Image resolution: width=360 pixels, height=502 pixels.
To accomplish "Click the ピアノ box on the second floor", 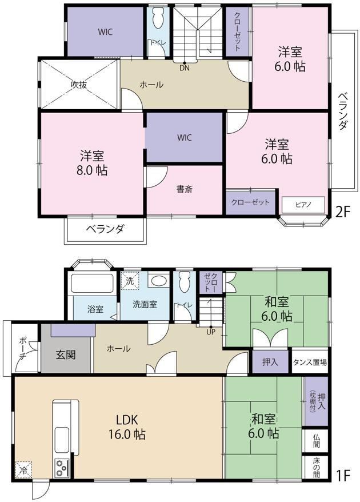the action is [303, 205].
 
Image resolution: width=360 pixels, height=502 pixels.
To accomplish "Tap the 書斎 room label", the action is [185, 189].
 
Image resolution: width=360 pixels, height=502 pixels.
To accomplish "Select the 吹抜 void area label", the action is [79, 85].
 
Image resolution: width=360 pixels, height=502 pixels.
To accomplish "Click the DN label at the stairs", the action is [185, 68].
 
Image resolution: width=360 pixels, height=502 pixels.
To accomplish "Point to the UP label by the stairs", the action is [210, 332].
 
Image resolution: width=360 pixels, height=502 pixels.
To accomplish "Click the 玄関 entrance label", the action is [66, 354].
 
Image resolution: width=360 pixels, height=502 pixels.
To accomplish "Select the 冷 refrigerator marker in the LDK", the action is [23, 469].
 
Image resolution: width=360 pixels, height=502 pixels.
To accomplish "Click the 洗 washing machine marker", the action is [130, 281].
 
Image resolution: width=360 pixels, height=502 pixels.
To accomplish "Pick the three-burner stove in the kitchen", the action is [62, 468].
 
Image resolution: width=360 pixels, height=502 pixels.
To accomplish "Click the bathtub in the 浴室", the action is [93, 283].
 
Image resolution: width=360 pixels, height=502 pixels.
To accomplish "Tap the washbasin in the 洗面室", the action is [158, 281].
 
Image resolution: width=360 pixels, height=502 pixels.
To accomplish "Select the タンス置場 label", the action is [310, 362].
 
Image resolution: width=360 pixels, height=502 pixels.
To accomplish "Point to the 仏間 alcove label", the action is [316, 440].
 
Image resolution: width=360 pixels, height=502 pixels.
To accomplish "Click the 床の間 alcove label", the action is [316, 468].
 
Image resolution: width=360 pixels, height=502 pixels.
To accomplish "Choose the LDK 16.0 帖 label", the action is [127, 427].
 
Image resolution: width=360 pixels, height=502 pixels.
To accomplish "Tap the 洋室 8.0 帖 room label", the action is [92, 162].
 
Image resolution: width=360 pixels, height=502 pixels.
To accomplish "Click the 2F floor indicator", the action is [343, 212].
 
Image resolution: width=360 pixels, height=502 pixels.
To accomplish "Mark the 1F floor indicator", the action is [343, 476].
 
